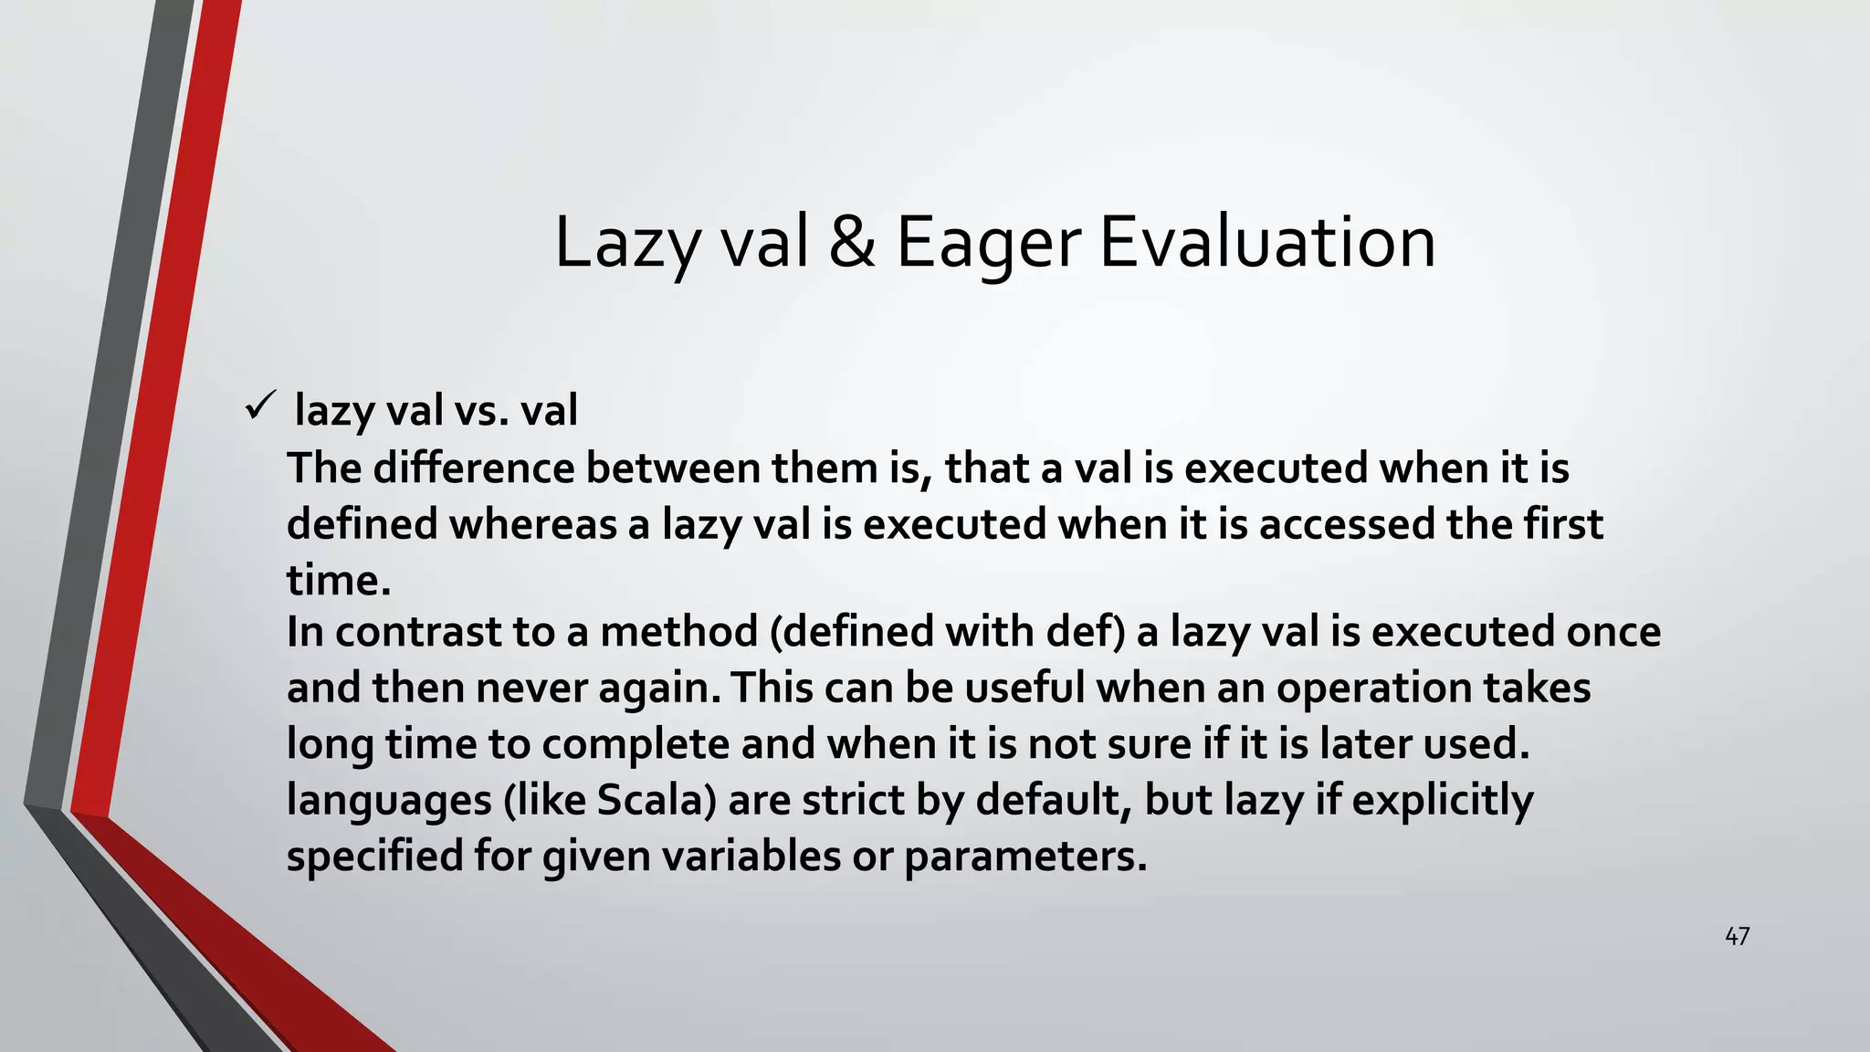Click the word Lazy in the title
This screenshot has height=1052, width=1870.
626,243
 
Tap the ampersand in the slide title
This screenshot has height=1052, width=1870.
851,243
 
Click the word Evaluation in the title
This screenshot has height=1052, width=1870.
1267,243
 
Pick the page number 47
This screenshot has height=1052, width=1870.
1737,936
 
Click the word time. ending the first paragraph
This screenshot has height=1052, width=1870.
339,581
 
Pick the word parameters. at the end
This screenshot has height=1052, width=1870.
1024,857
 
